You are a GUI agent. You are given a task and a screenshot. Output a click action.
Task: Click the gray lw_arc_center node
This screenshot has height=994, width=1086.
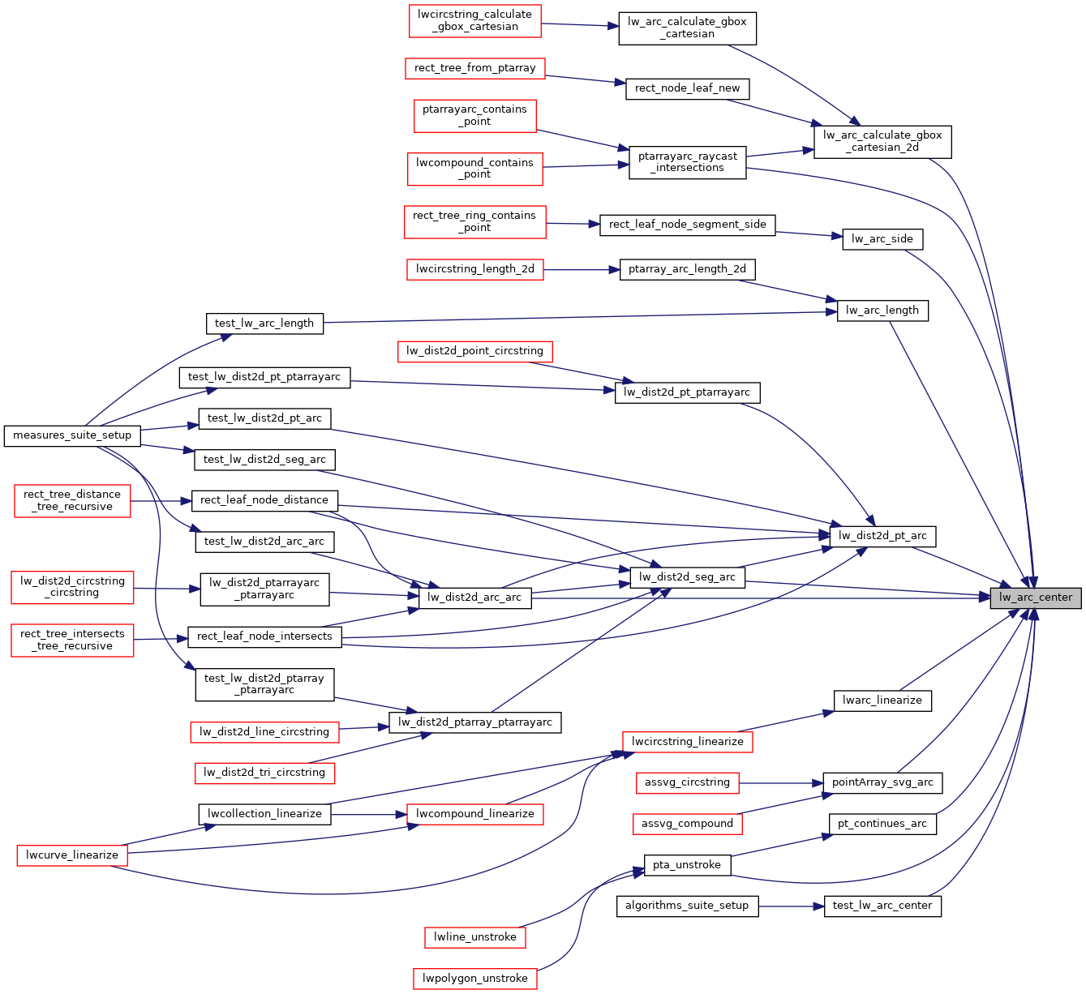tap(1036, 598)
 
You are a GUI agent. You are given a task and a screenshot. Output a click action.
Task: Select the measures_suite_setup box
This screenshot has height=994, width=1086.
tap(72, 435)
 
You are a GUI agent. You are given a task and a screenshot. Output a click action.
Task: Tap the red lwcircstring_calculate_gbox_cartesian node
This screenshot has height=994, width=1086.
tap(474, 20)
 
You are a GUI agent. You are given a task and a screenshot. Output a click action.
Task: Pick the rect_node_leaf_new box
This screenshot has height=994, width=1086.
tap(687, 88)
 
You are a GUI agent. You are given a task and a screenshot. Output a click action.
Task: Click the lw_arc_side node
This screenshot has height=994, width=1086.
tap(882, 239)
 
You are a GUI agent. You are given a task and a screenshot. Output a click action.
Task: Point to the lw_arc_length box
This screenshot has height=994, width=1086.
tap(882, 311)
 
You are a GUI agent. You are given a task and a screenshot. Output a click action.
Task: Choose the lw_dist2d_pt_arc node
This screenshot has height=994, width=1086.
tap(882, 536)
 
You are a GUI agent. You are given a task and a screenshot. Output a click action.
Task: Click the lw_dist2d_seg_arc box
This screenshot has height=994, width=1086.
tap(687, 577)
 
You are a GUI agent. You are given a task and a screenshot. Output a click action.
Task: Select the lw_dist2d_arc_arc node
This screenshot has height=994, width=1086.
tap(474, 598)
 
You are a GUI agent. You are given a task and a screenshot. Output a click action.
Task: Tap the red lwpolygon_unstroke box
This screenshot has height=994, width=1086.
tap(474, 979)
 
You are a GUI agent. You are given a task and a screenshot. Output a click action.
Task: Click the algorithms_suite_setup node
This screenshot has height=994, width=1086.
tap(687, 906)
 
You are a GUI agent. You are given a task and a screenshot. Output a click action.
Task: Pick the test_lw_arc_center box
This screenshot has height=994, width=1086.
tap(882, 906)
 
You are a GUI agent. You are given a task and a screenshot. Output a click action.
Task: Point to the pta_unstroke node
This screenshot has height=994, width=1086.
tap(687, 865)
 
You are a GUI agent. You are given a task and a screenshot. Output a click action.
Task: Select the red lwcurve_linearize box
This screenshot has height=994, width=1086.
tap(72, 855)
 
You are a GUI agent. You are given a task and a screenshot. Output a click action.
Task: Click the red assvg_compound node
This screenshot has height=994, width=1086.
tap(687, 824)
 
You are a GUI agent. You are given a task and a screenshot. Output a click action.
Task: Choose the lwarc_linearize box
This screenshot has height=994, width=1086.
tap(882, 701)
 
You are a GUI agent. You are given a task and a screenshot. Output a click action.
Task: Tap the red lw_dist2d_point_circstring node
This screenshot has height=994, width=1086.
tap(474, 351)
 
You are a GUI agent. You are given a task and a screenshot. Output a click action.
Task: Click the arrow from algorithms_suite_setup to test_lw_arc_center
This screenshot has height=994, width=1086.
tap(791, 906)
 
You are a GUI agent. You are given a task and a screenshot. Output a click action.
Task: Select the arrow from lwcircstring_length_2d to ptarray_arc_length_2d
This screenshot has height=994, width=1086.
tap(581, 269)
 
